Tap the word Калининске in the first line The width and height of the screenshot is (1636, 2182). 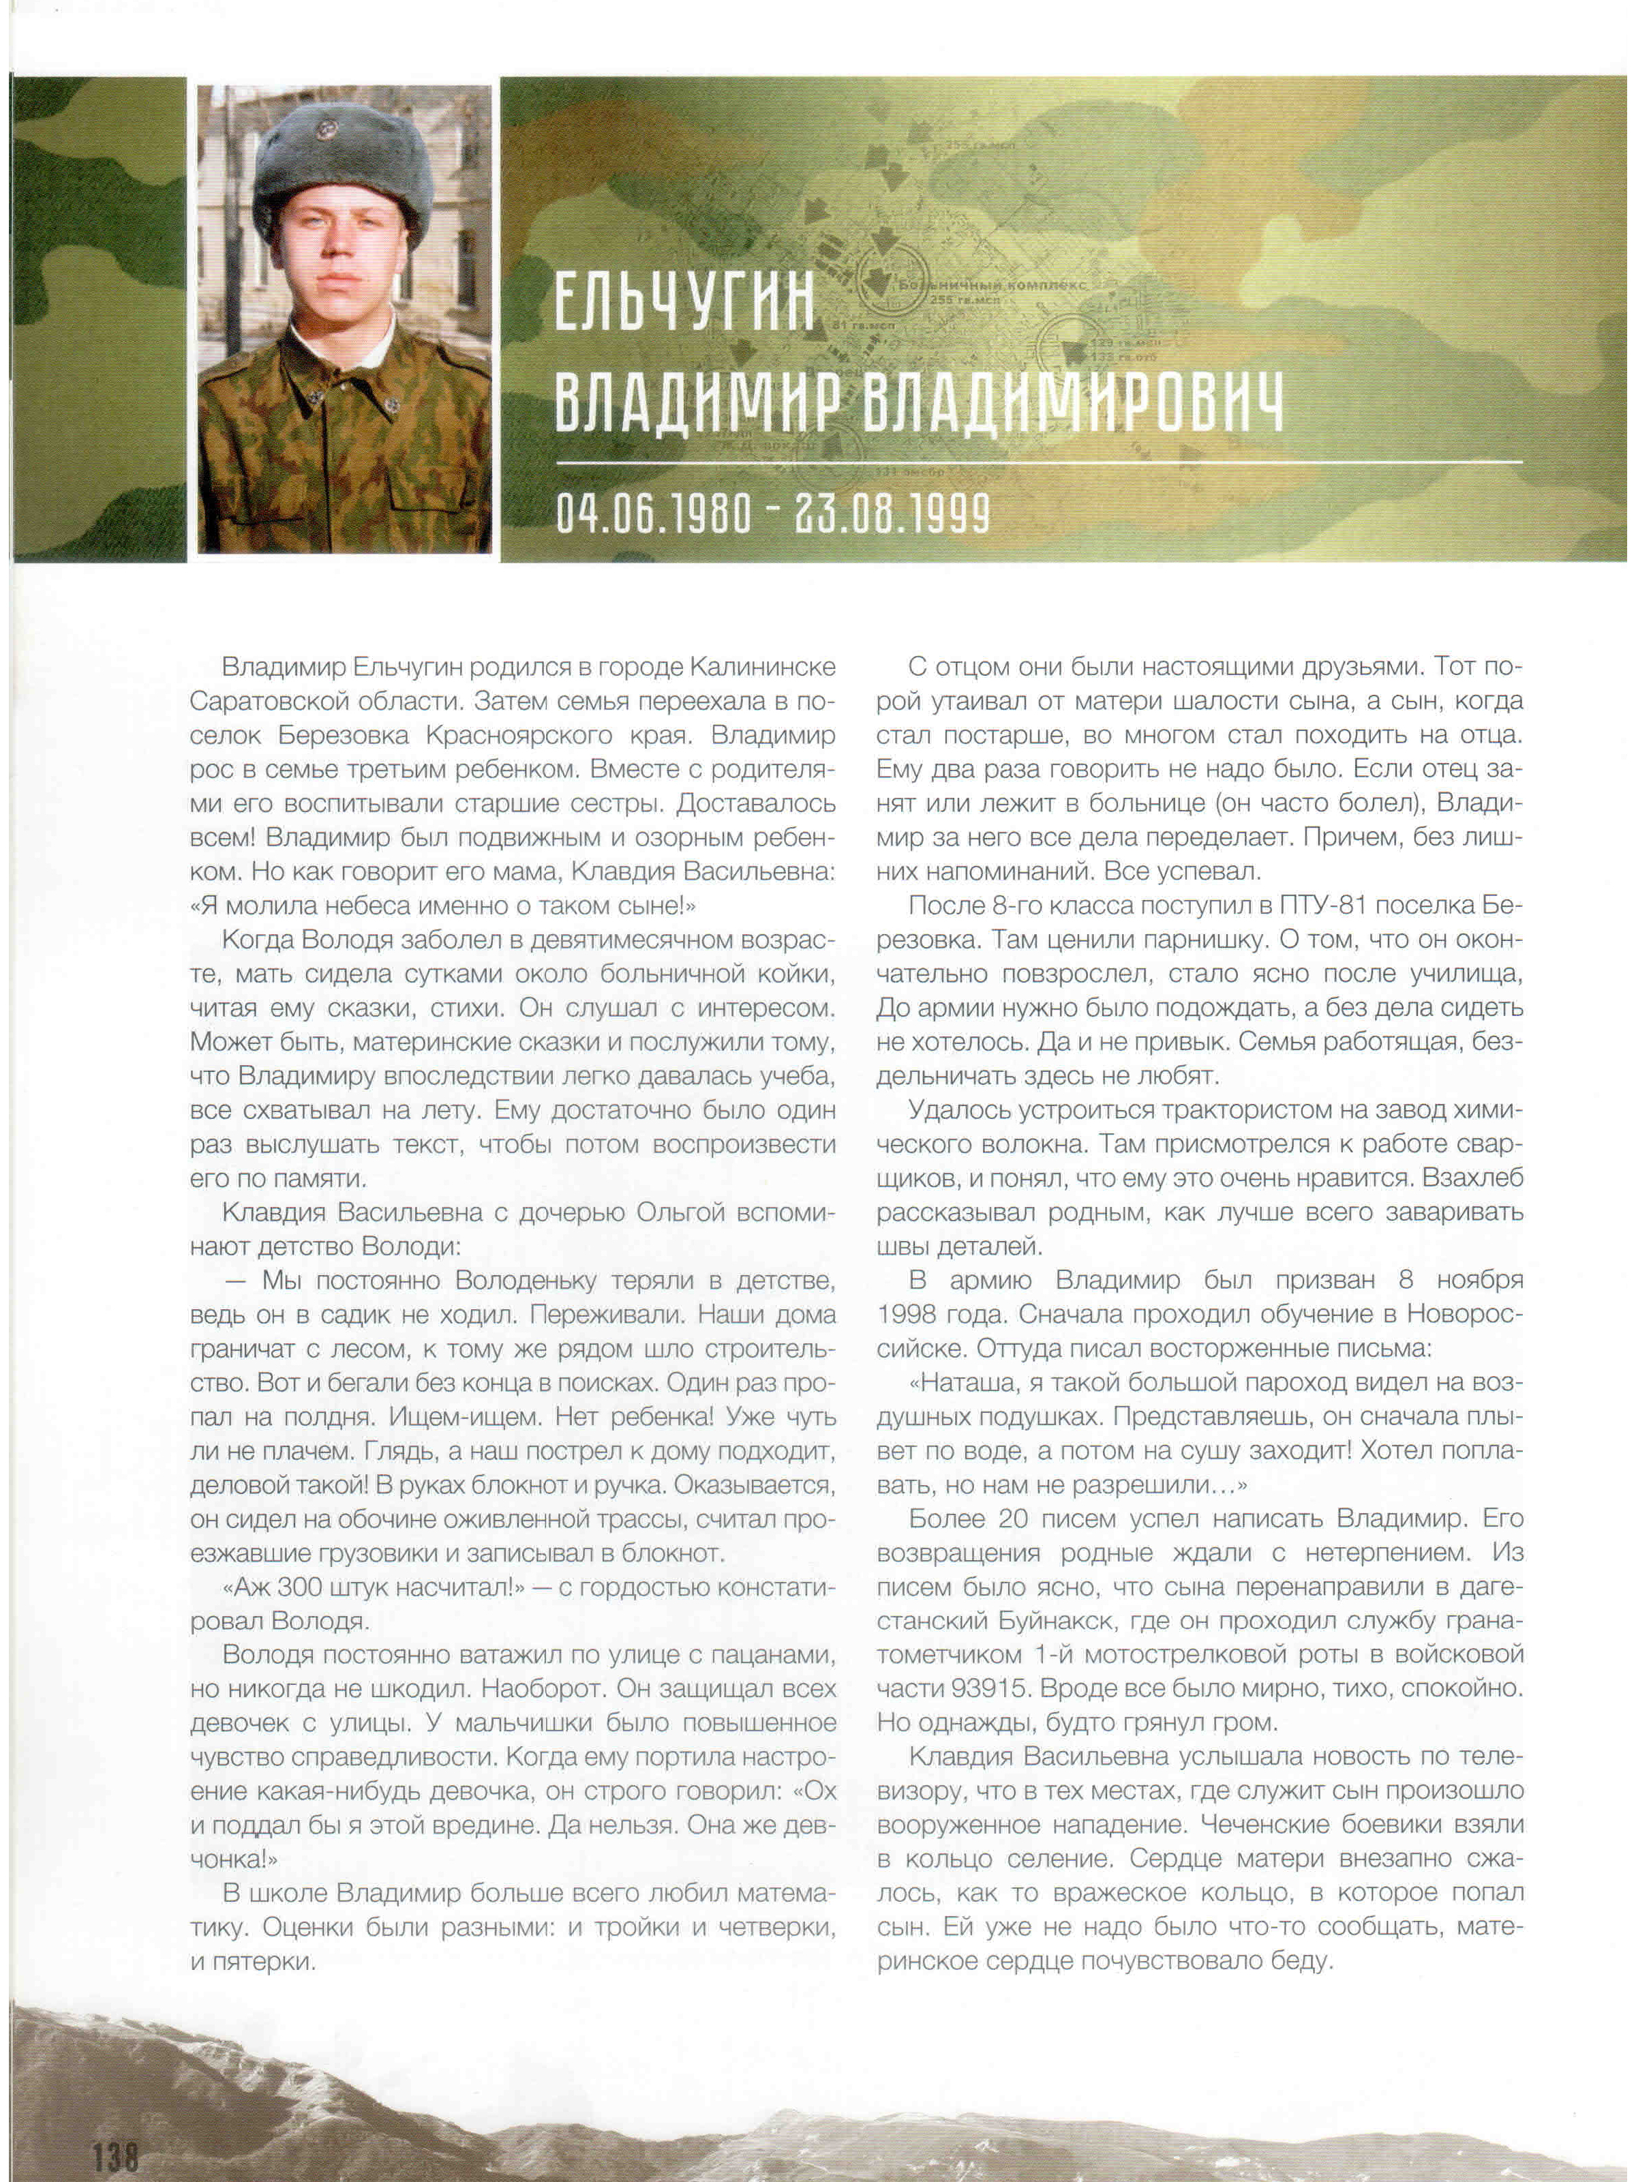tap(761, 667)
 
